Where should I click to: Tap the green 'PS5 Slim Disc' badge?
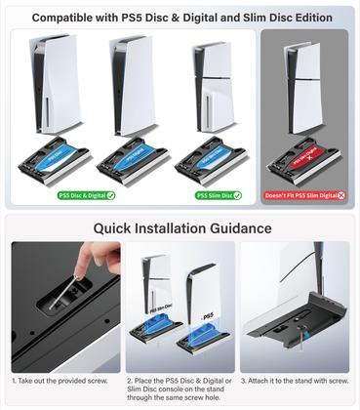click(219, 195)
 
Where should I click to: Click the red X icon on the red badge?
click(340, 195)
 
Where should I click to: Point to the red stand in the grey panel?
click(306, 159)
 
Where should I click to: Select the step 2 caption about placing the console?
click(180, 386)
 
